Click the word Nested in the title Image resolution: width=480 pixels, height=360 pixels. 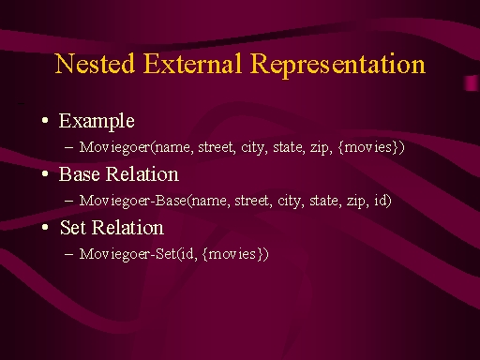coord(95,64)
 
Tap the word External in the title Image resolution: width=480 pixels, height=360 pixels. coord(192,64)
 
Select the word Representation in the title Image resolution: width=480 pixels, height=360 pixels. coord(337,65)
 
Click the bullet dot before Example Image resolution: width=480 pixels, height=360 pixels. coord(45,120)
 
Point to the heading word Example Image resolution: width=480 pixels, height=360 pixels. coord(97,121)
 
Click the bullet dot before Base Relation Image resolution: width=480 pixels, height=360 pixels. coord(45,173)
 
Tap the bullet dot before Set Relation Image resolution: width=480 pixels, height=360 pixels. coord(45,227)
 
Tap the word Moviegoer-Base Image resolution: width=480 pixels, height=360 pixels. coord(133,201)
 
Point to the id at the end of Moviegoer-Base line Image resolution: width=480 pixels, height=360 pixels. coord(381,201)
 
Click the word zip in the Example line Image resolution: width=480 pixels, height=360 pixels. coord(322,147)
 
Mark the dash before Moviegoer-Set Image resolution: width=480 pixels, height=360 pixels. coord(68,254)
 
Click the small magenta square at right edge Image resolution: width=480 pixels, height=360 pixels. coord(472,83)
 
